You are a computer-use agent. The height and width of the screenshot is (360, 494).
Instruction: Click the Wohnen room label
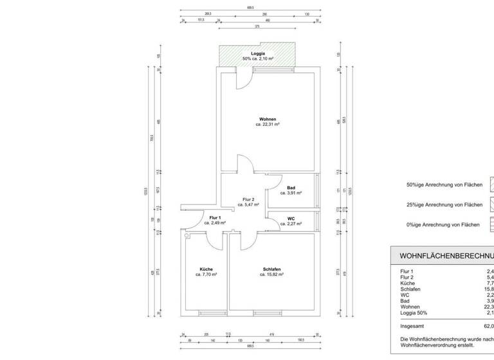[x=268, y=120]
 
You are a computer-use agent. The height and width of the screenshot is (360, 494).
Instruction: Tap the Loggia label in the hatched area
[x=258, y=53]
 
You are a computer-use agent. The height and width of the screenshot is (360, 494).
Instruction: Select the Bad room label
[x=291, y=188]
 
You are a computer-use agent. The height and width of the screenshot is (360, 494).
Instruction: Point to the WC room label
[x=291, y=219]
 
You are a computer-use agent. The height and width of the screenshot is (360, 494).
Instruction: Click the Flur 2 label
[x=248, y=199]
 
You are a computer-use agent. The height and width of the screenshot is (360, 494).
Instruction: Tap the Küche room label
[x=206, y=269]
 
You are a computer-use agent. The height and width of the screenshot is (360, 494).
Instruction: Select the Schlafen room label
[x=271, y=269]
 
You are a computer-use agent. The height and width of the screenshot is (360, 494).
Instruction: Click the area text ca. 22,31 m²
[x=268, y=125]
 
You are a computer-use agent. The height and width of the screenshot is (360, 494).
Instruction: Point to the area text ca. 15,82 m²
[x=271, y=274]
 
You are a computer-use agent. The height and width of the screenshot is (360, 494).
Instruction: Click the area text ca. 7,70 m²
[x=206, y=274]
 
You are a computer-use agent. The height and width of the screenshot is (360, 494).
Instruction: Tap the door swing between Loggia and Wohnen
[x=245, y=81]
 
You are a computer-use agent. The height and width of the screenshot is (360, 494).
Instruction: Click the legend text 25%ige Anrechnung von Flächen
[x=444, y=204]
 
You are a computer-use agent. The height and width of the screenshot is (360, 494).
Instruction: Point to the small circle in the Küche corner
[x=187, y=236]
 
